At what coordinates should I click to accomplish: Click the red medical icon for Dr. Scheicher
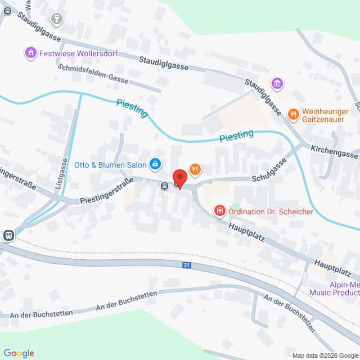point(220,211)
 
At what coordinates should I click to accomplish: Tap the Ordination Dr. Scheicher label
point(265,211)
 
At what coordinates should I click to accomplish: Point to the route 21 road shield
point(186,264)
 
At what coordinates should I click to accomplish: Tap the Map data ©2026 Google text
point(325,355)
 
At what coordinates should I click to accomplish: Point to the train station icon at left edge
point(8,235)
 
